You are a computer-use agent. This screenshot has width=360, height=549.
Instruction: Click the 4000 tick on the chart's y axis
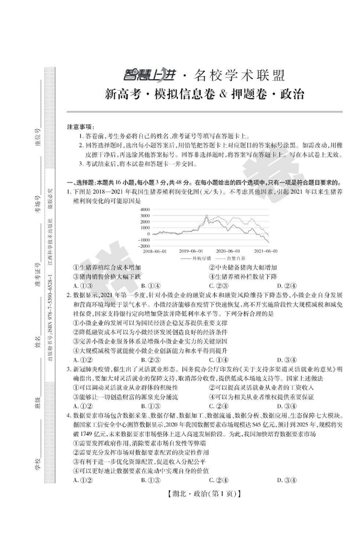145,210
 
